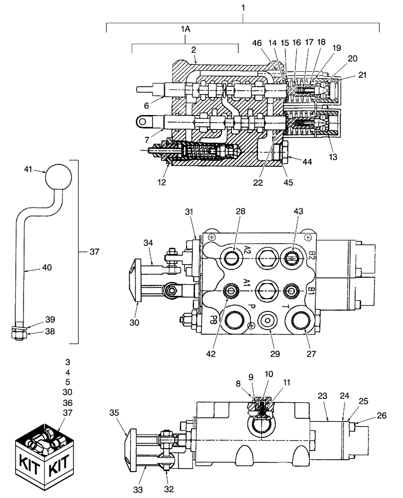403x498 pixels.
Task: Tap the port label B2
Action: pos(312,256)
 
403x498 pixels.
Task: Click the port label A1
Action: pos(246,283)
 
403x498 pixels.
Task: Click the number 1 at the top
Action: pos(243,7)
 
